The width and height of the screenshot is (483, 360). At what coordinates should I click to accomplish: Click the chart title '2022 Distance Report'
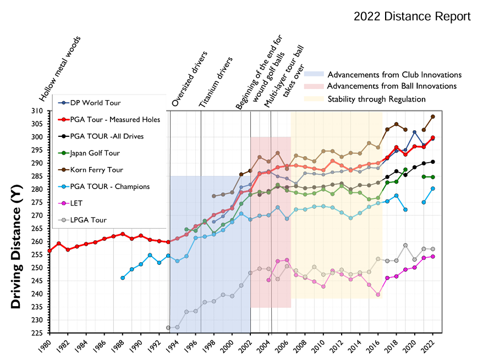tap(412, 16)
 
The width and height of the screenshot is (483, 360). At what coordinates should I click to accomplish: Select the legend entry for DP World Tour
tap(96, 103)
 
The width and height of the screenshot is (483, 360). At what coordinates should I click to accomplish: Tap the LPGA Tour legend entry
tap(91, 220)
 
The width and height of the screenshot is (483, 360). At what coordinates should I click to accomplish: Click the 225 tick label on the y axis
tap(38, 333)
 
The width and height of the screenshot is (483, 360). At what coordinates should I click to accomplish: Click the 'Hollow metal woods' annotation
tap(60, 70)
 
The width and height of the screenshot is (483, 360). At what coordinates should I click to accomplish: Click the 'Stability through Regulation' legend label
tap(376, 99)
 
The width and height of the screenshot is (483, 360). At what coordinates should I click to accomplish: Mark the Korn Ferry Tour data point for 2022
tap(433, 117)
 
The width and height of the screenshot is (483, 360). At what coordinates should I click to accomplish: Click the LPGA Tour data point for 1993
tap(168, 328)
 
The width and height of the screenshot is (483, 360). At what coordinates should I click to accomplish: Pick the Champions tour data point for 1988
tap(122, 278)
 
